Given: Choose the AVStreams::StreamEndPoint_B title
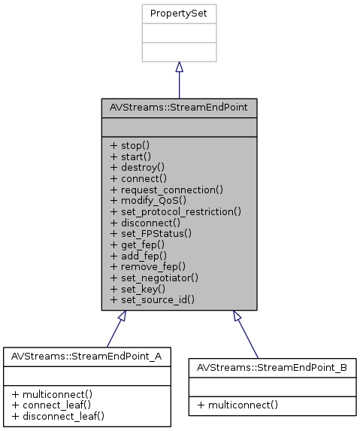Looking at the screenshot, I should pos(271,367).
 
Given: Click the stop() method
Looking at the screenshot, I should pos(130,144).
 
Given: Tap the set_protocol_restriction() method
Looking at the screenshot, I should pos(175,211).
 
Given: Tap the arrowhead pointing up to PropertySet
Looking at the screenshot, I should pos(179,68).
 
